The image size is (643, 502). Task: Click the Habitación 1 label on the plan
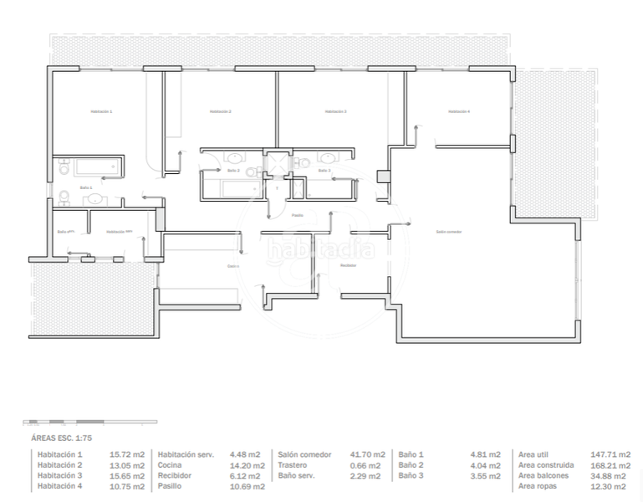(101, 111)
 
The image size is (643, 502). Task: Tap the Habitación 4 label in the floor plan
(459, 111)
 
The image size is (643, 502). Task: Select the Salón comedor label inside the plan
(449, 232)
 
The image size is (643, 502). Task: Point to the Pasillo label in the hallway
(297, 215)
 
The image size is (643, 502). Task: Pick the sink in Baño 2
(236, 157)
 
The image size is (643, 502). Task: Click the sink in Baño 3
(327, 157)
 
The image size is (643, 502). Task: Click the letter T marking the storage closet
(277, 188)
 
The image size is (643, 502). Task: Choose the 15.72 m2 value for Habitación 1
(127, 454)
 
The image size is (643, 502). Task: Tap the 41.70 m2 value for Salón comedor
(367, 454)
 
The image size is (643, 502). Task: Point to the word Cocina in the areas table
(171, 465)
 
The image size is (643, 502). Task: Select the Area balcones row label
(545, 476)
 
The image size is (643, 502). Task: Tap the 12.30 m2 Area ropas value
(612, 487)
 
